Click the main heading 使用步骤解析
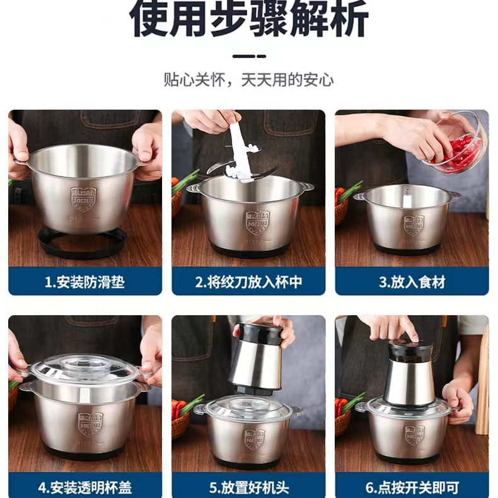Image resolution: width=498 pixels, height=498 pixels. (x=248, y=20)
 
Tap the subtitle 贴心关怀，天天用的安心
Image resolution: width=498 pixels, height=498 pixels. (x=248, y=80)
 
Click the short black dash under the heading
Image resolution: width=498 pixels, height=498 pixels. (x=248, y=56)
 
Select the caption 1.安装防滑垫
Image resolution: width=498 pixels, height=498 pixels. (x=84, y=281)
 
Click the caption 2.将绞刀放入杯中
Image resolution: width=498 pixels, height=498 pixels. (x=248, y=281)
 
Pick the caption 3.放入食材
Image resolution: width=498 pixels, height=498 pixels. (x=412, y=281)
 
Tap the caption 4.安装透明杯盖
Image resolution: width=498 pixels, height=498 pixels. (x=84, y=487)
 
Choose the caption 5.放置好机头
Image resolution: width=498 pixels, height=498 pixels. (x=248, y=487)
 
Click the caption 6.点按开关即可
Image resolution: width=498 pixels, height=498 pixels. (x=412, y=487)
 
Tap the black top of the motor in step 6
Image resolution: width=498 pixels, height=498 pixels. (x=410, y=349)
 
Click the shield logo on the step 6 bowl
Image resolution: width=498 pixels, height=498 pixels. (x=414, y=434)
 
